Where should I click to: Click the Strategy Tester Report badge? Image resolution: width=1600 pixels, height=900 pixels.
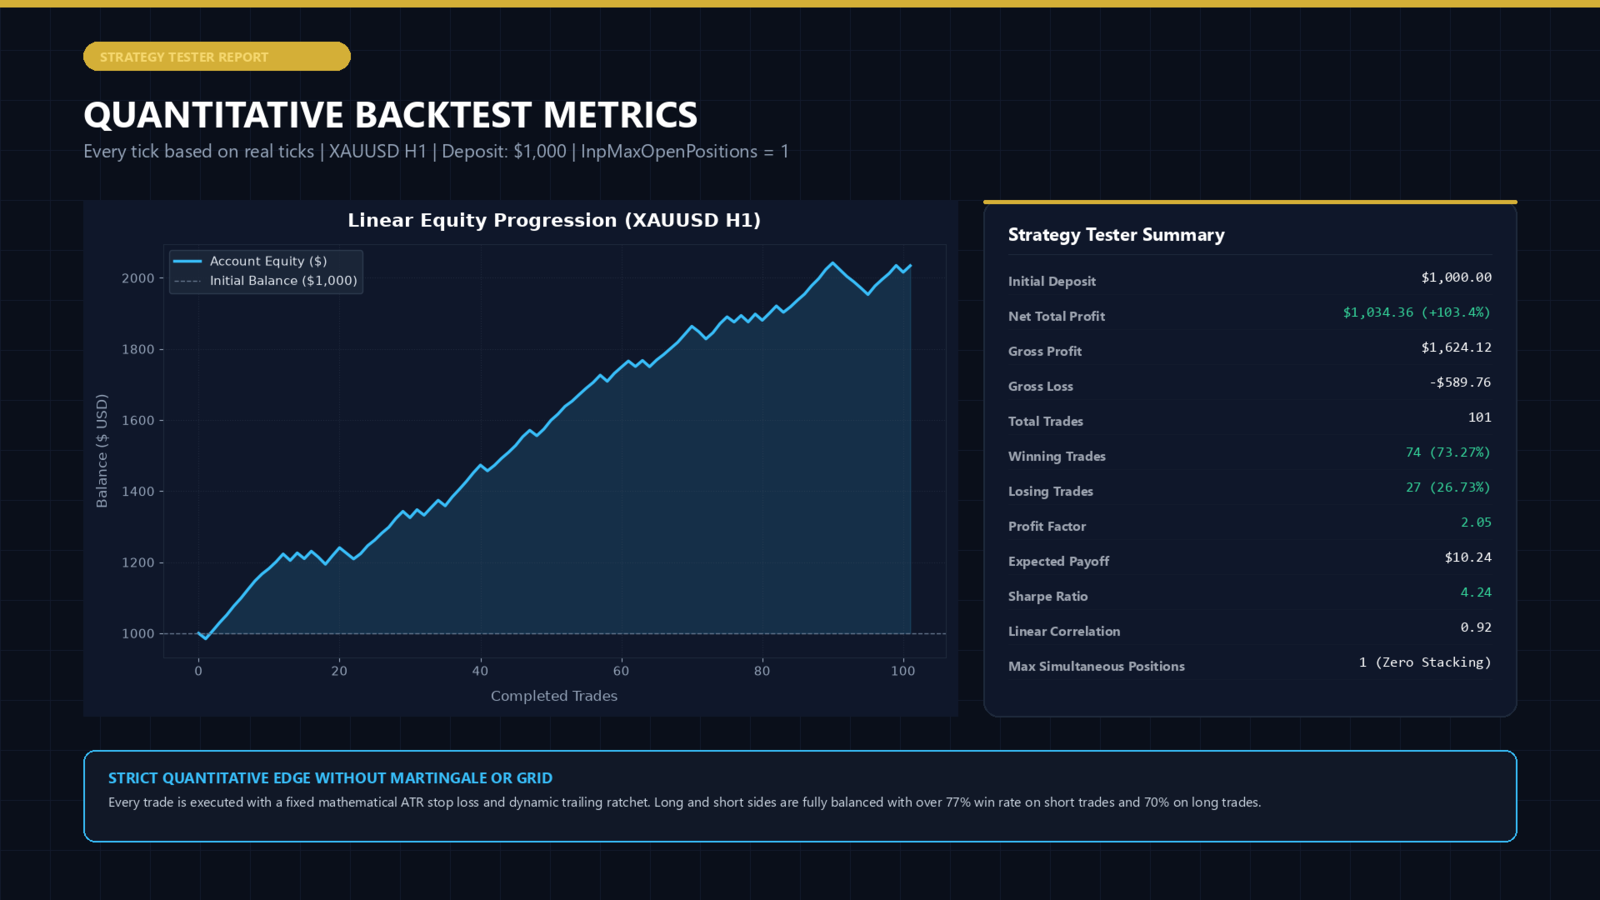click(x=217, y=57)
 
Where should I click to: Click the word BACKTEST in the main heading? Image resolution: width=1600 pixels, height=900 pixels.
click(x=444, y=115)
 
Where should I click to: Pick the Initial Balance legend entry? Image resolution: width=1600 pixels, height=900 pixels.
click(x=266, y=281)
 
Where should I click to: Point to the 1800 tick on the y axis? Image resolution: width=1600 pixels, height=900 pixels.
click(x=138, y=349)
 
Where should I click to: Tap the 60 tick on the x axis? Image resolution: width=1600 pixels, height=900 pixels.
click(x=621, y=671)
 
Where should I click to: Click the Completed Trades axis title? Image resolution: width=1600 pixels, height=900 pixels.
click(x=554, y=696)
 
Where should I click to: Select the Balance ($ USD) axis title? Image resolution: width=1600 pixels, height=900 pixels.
click(x=102, y=451)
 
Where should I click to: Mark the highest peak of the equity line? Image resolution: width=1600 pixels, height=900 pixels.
click(x=832, y=263)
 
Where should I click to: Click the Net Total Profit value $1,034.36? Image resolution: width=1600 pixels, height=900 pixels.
click(x=1378, y=312)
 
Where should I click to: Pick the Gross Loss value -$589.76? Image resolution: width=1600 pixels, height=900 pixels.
click(x=1460, y=382)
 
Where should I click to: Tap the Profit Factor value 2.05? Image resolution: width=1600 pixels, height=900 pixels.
click(x=1476, y=522)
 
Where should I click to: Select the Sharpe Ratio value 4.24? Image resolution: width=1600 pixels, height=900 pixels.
click(x=1476, y=592)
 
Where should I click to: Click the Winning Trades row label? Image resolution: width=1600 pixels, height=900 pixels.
click(x=1057, y=457)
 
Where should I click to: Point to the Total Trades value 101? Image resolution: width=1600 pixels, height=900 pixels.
click(x=1480, y=417)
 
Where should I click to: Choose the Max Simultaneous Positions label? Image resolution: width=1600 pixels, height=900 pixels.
click(x=1096, y=667)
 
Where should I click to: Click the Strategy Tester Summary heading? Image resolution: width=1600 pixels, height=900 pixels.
click(x=1117, y=235)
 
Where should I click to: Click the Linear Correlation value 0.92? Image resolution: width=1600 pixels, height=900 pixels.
click(x=1476, y=627)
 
